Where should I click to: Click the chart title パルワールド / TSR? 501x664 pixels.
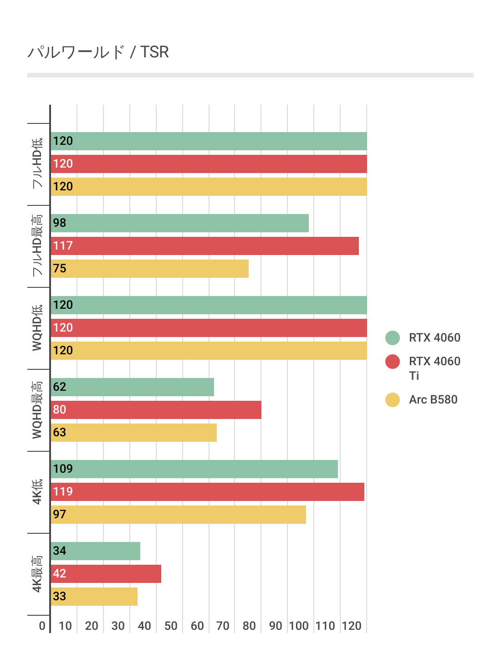point(98,52)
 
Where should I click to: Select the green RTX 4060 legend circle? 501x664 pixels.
point(392,338)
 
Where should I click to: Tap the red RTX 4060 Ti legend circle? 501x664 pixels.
point(392,362)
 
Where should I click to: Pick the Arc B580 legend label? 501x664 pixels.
point(433,399)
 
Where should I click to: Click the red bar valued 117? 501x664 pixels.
point(204,246)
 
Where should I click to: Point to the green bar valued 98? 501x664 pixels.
point(179,223)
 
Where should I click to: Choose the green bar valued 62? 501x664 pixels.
point(132,387)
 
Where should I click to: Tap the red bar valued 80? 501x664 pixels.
point(156,410)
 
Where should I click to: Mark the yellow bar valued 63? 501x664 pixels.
point(133,433)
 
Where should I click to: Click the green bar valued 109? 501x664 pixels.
point(194,469)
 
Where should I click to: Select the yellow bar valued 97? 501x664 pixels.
point(178,515)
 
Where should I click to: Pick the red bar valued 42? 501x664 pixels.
point(106,574)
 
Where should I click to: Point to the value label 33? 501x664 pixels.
point(60,597)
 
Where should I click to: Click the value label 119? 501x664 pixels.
point(63,492)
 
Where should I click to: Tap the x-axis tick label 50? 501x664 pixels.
point(171,626)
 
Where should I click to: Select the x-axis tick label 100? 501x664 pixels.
point(299,626)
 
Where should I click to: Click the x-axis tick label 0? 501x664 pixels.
point(42,626)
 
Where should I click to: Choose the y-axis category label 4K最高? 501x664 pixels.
point(37,574)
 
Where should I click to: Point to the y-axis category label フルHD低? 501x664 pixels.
point(37,163)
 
